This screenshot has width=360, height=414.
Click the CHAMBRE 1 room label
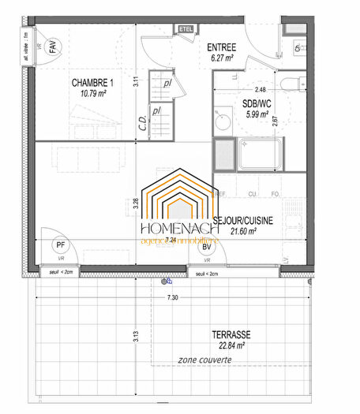tap(93, 83)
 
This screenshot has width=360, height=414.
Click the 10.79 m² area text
tap(93, 93)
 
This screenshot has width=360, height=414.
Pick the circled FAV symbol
tap(53, 48)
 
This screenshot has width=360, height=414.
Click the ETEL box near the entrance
tap(186, 30)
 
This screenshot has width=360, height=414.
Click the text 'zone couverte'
tap(204, 360)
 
